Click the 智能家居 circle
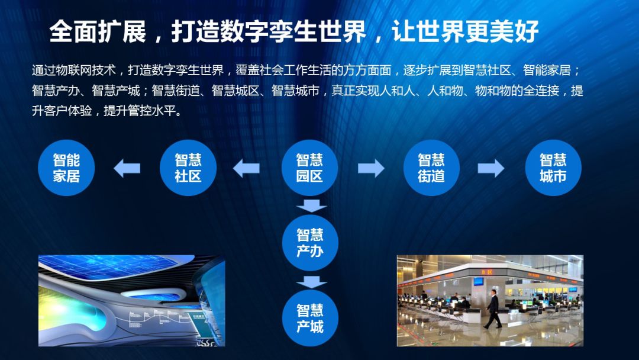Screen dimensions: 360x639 coord(66,168)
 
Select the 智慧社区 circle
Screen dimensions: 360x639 coord(188,168)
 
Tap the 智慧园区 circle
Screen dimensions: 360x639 coord(309,168)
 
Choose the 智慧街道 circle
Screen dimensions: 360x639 coord(431,168)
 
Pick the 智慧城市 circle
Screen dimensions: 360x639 coord(553,168)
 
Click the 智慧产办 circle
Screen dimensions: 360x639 coord(309,243)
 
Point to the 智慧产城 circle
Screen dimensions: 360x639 coord(309,318)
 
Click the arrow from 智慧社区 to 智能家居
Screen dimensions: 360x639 coord(127,168)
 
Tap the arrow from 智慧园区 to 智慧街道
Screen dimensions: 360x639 coord(371,168)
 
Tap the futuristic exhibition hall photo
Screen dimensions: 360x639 coord(131,300)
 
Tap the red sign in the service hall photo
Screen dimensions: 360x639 coord(490,270)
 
